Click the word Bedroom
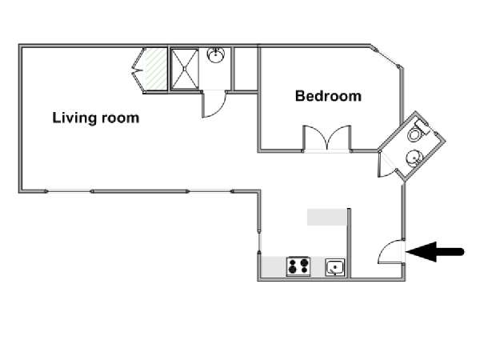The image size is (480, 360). (328, 96)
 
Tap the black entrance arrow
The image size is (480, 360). (435, 252)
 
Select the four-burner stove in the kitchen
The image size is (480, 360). (298, 266)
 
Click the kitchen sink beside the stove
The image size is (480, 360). (335, 267)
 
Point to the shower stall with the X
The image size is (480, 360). (185, 69)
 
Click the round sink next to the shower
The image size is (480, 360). (216, 55)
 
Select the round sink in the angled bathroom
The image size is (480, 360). (414, 158)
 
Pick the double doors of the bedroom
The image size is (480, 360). (327, 138)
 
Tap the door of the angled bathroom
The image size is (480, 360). (386, 166)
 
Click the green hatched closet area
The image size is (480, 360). (155, 69)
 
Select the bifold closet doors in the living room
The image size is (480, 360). (138, 70)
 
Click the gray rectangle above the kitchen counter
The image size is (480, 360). (326, 217)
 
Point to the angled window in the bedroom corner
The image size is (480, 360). (386, 58)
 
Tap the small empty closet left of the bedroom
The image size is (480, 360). (246, 69)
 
